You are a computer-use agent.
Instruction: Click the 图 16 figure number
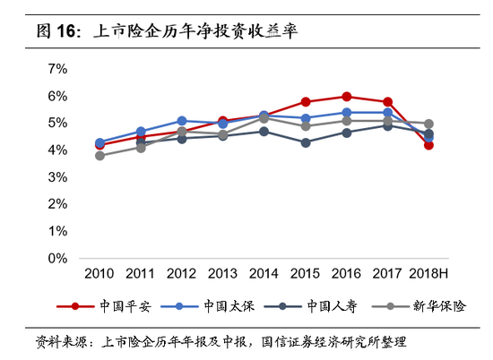(56, 32)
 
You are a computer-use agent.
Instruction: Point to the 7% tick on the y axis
(57, 68)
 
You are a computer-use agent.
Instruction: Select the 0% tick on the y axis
(57, 259)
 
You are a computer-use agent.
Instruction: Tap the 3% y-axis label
(57, 177)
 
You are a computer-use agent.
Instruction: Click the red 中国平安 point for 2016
(346, 96)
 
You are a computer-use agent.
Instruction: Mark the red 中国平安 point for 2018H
(428, 144)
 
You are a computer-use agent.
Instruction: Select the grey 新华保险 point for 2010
(99, 156)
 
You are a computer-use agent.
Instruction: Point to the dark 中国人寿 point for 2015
(305, 142)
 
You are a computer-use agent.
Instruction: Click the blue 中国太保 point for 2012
(181, 120)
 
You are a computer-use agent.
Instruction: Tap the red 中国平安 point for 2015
(305, 101)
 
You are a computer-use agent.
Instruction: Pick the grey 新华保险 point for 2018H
(428, 124)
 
